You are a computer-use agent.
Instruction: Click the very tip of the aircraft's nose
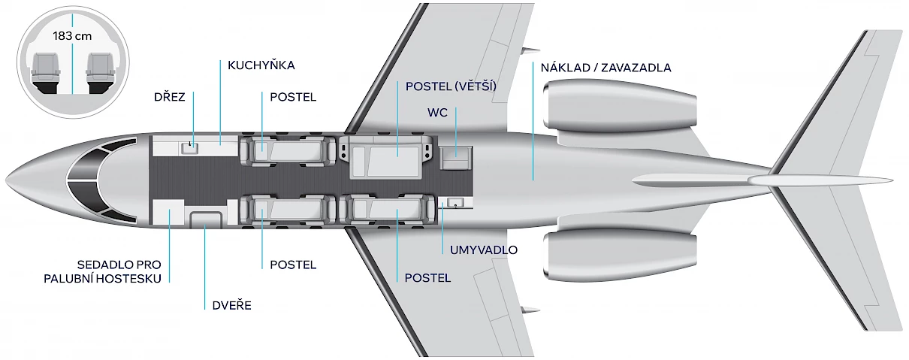tap(6, 180)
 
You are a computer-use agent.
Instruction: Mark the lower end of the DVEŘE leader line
tap(205, 310)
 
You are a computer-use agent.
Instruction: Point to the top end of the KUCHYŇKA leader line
tap(220, 60)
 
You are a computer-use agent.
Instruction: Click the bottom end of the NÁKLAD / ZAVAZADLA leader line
tap(533, 180)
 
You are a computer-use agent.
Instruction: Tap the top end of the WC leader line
tap(456, 107)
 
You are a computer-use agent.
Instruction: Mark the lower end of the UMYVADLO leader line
tap(442, 254)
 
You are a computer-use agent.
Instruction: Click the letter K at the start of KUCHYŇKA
tap(231, 65)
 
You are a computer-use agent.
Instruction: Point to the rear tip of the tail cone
tap(892, 180)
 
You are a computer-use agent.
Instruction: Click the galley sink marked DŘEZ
tap(189, 148)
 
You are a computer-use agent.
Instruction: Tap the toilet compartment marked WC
tap(455, 159)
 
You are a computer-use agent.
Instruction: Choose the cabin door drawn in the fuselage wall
tap(206, 219)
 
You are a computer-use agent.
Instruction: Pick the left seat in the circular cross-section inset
tap(45, 72)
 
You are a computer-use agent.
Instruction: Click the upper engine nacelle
tap(620, 105)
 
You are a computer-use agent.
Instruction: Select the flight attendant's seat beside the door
tap(168, 212)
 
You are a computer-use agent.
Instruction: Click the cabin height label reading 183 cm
tap(72, 36)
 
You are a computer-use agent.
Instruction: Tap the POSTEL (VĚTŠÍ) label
tap(451, 86)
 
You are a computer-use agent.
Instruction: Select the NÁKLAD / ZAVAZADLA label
tap(605, 68)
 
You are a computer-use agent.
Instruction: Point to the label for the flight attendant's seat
tap(103, 271)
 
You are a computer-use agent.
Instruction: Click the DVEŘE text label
tap(231, 305)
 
